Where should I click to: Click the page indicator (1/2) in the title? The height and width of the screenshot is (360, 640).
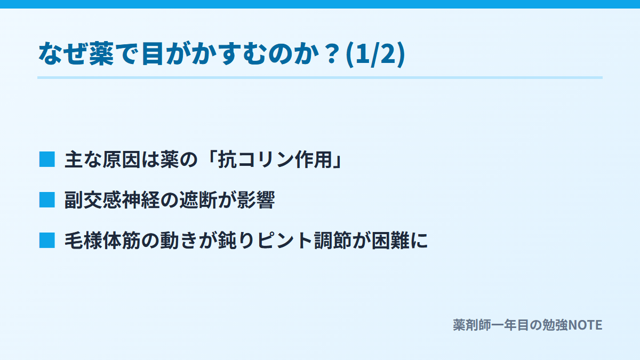click(375, 54)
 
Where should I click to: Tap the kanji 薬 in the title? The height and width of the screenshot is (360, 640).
click(101, 53)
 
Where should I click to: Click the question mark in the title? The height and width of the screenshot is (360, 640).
click(332, 54)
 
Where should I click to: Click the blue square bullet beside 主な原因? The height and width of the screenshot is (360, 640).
click(47, 159)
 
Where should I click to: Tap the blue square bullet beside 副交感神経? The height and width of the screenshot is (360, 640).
click(47, 199)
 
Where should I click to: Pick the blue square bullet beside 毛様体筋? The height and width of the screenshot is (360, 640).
click(47, 241)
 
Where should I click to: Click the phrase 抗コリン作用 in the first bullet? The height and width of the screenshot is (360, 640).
click(275, 159)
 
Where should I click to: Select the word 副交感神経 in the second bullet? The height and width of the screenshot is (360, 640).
click(111, 199)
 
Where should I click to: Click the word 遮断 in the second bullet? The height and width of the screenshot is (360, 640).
click(198, 199)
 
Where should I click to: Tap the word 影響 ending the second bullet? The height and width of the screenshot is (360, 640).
click(255, 199)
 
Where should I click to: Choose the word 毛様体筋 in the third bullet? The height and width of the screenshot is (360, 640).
click(102, 241)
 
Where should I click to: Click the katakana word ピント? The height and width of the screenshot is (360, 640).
click(285, 241)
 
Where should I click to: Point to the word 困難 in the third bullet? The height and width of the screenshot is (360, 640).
click(390, 241)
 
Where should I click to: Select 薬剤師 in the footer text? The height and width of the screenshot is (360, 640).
click(472, 325)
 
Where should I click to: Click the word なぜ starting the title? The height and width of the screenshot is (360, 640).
click(62, 53)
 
